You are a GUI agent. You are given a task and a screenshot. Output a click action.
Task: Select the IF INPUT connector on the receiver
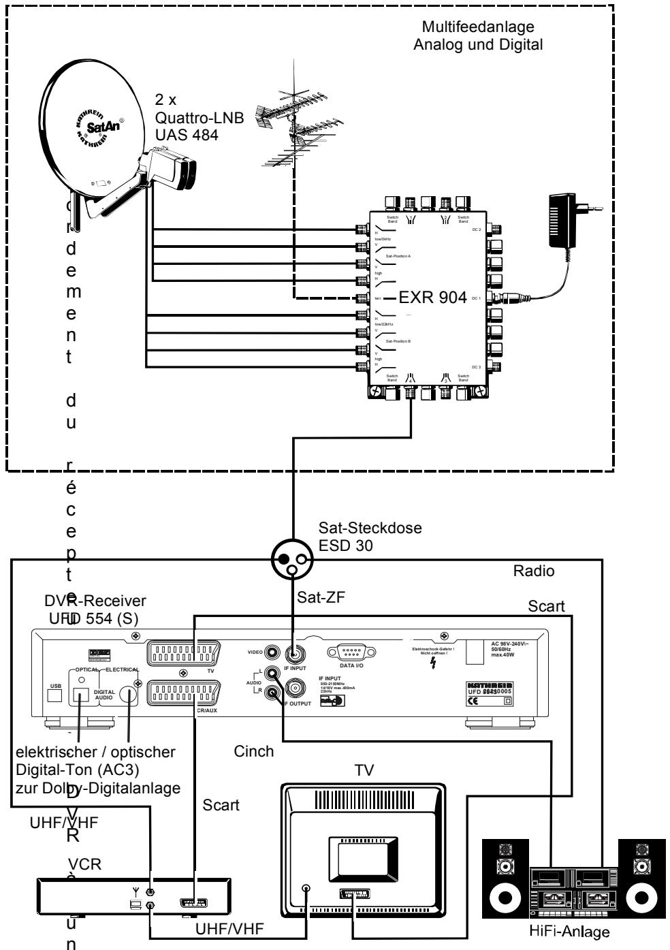point(294,655)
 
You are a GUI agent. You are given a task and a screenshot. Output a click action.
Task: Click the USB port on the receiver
point(55,695)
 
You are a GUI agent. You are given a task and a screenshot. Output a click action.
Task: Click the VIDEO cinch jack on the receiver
point(273,652)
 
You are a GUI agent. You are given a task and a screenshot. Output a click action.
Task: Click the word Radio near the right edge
point(534,571)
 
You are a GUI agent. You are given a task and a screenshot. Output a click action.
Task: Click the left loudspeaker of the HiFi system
point(504,881)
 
